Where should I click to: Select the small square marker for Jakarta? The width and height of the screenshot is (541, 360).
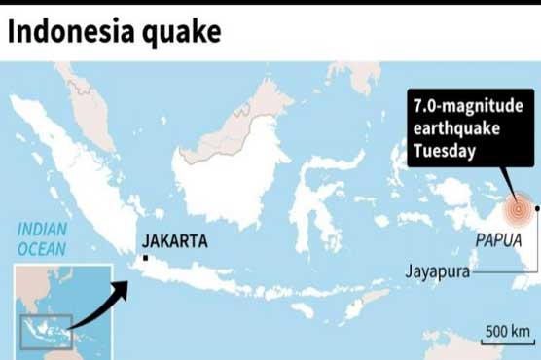pyautogui.click(x=144, y=257)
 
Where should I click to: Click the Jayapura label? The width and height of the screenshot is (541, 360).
pyautogui.click(x=438, y=272)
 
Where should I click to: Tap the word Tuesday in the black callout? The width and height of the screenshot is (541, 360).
pyautogui.click(x=444, y=150)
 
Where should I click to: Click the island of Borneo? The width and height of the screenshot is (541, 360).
pyautogui.click(x=224, y=170)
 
